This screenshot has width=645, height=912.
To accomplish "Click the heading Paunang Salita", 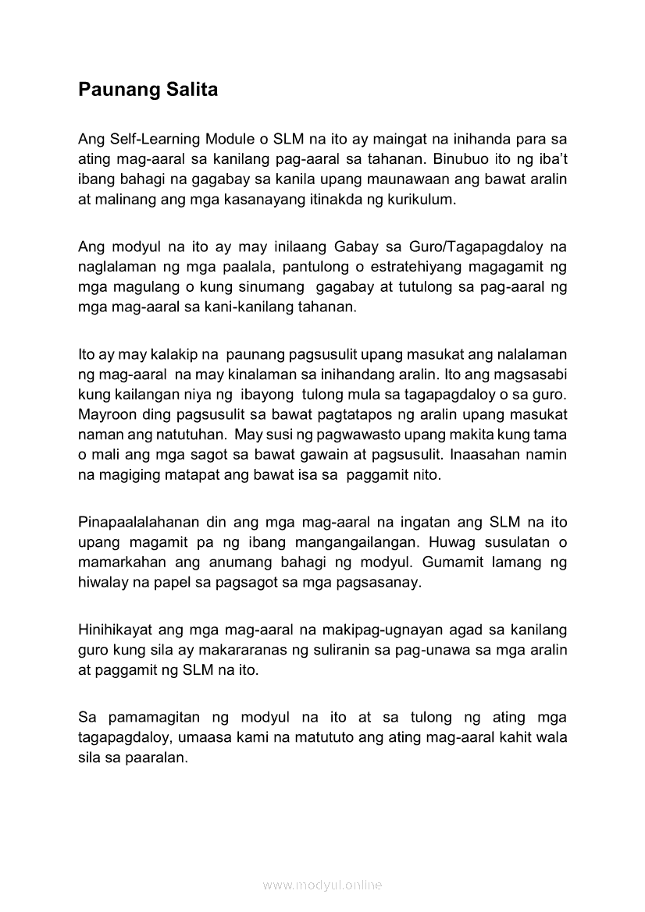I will click(148, 90).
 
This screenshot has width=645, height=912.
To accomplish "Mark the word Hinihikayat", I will click(115, 629).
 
